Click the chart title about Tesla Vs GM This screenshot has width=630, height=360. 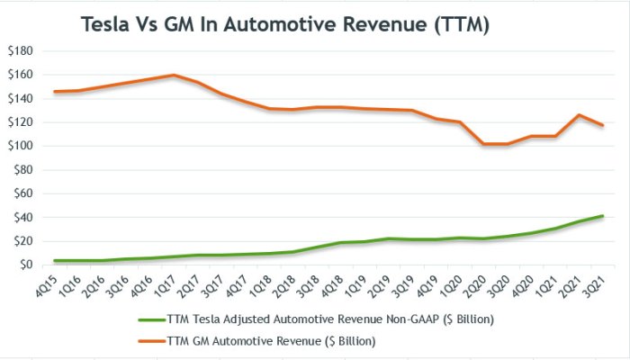point(285,25)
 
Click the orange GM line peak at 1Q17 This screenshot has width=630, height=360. point(174,76)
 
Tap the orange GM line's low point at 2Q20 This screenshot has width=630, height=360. point(483,144)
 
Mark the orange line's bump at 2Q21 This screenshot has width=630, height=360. point(578,115)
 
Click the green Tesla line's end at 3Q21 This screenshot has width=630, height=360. point(601,216)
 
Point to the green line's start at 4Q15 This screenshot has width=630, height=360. point(56,261)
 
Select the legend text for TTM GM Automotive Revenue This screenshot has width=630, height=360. point(271,341)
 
